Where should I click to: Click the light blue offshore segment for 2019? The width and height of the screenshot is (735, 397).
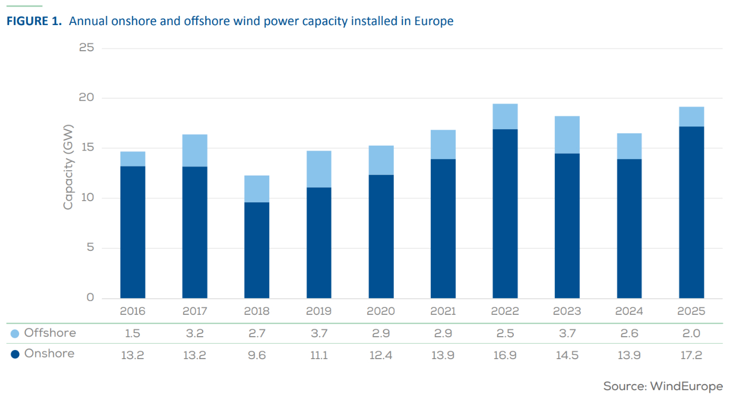319,169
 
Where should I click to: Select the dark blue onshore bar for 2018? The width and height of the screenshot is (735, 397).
257,250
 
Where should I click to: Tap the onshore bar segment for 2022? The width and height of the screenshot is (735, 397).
505,213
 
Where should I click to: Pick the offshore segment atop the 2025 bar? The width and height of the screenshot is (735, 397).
691,116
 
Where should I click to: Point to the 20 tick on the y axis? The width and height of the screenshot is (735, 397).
86,98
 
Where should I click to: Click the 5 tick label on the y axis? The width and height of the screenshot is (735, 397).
90,248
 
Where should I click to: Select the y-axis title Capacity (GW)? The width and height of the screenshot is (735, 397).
68,167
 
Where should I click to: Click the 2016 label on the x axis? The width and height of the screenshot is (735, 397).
133,312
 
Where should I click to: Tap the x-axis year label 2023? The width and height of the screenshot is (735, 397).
567,312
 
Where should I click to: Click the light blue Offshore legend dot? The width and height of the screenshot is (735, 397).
15,334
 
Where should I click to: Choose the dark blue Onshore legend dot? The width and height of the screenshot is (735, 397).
15,354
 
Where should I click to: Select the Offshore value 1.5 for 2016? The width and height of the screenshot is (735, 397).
133,334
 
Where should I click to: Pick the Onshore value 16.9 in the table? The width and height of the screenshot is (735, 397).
505,355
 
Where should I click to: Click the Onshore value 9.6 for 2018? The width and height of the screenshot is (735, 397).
257,355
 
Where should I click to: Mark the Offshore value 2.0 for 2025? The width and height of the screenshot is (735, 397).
691,334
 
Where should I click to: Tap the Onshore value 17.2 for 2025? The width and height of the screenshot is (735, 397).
691,355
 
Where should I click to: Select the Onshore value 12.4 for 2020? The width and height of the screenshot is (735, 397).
381,355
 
